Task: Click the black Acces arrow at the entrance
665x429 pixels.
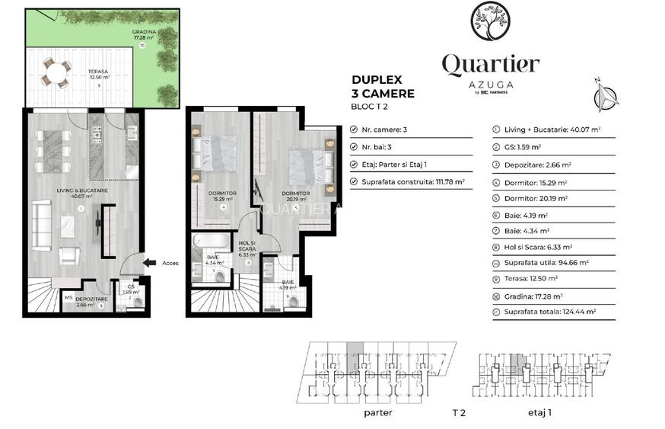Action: [x=151, y=264]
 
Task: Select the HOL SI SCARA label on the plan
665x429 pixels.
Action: [x=248, y=248]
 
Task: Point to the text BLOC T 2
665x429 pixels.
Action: [x=368, y=107]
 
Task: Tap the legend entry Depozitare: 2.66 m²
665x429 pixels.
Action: [x=537, y=164]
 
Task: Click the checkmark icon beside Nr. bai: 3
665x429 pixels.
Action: [x=353, y=147]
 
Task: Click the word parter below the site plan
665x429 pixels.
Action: [x=377, y=412]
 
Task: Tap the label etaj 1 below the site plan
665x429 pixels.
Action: [x=539, y=412]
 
